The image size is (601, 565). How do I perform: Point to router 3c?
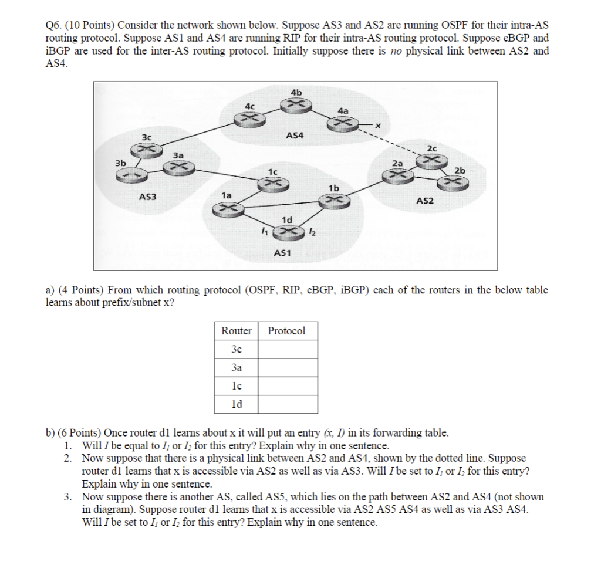[x=148, y=150]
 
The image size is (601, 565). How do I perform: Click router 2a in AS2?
[x=397, y=175]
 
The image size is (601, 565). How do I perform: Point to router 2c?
[x=432, y=159]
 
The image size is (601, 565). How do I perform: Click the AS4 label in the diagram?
[x=295, y=136]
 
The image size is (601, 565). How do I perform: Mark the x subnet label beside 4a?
[x=379, y=124]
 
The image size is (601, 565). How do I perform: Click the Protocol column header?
[x=286, y=331]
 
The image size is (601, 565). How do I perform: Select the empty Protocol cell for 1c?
[x=289, y=386]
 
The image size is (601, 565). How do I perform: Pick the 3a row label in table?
[x=237, y=368]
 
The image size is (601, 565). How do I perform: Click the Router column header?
[x=237, y=331]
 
